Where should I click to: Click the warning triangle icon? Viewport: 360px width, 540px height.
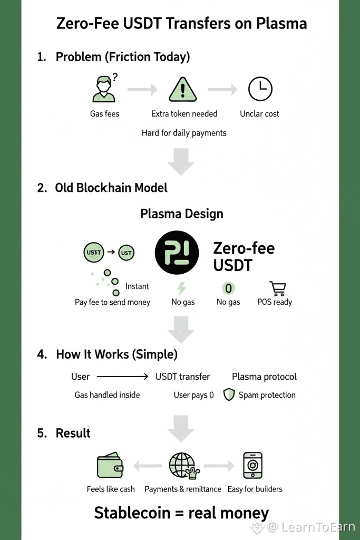tap(182, 90)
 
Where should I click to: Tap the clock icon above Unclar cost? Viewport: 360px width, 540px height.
tap(260, 89)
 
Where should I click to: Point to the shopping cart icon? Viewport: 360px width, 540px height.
tap(277, 288)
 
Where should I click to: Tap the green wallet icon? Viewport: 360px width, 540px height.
tap(110, 466)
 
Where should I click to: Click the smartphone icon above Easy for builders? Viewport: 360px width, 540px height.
tap(252, 466)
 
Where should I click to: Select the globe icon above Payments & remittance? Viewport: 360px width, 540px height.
tap(181, 466)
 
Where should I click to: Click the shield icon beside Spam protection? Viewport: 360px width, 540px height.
tap(229, 395)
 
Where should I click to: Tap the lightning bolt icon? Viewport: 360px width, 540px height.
tap(181, 288)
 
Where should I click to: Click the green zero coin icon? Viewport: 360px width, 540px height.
tap(229, 288)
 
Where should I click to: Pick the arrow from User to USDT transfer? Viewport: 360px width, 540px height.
tap(123, 377)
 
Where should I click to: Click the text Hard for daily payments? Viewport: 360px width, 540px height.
tap(184, 133)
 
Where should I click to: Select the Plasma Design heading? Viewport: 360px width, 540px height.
tap(182, 214)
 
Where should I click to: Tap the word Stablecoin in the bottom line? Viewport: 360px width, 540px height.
tap(131, 513)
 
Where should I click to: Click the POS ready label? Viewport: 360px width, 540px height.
tap(275, 302)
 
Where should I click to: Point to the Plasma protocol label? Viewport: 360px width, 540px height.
tap(264, 377)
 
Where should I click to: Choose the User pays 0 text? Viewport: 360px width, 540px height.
tap(194, 395)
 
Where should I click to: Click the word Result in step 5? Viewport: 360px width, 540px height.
tap(73, 433)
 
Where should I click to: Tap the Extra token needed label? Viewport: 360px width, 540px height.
tap(184, 114)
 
